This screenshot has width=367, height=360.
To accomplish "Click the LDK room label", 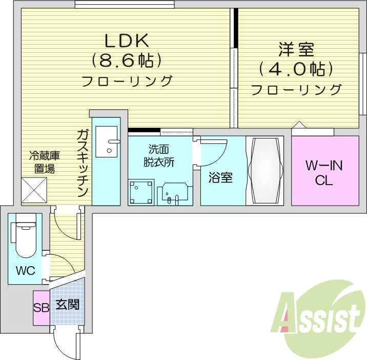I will (127, 40).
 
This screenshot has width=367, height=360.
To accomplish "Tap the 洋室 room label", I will (296, 50).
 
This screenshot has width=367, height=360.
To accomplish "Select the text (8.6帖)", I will (127, 61).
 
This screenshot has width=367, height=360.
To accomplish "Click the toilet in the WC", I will (24, 238).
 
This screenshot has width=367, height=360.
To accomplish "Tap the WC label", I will (25, 270).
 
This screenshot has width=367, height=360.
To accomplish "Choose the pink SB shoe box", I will (41, 308).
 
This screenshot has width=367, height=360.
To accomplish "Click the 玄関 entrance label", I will (67, 305).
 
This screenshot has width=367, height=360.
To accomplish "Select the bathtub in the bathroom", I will (264, 170).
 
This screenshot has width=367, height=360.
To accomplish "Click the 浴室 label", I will (220, 178).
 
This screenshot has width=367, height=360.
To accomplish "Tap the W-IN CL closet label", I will (324, 173).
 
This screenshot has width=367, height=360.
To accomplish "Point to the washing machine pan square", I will (141, 192).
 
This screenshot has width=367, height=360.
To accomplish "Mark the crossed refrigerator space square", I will (34, 190).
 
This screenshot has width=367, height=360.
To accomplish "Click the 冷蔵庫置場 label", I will (42, 161).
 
